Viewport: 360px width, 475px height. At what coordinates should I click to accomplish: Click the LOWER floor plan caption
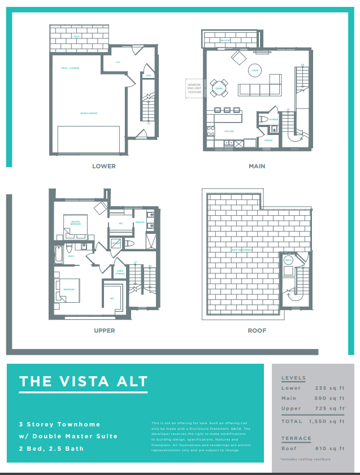[x=104, y=167]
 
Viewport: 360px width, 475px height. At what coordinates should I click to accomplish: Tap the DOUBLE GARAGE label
[x=89, y=114]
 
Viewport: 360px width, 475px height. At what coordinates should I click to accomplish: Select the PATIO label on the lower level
[x=76, y=37]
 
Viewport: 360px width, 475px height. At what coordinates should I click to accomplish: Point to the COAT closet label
[x=149, y=76]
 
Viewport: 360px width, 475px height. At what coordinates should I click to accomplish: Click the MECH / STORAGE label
[x=70, y=68]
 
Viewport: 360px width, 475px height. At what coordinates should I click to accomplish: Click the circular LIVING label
[x=255, y=71]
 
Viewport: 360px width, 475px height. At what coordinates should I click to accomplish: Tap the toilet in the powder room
[x=263, y=119]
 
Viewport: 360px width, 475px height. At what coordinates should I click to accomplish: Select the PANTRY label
[x=268, y=140]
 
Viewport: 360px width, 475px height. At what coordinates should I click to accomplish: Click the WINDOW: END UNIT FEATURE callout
[x=194, y=88]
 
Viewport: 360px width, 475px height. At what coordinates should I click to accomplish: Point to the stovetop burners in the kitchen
[x=211, y=132]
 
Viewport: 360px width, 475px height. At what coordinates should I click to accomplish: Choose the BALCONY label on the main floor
[x=225, y=41]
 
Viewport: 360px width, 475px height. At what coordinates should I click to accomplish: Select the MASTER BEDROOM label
[x=75, y=224]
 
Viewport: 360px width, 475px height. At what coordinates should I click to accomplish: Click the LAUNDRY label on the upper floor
[x=116, y=243]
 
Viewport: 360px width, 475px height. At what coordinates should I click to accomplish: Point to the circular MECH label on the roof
[x=288, y=260]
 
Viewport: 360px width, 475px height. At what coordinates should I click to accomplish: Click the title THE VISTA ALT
[x=83, y=381]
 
